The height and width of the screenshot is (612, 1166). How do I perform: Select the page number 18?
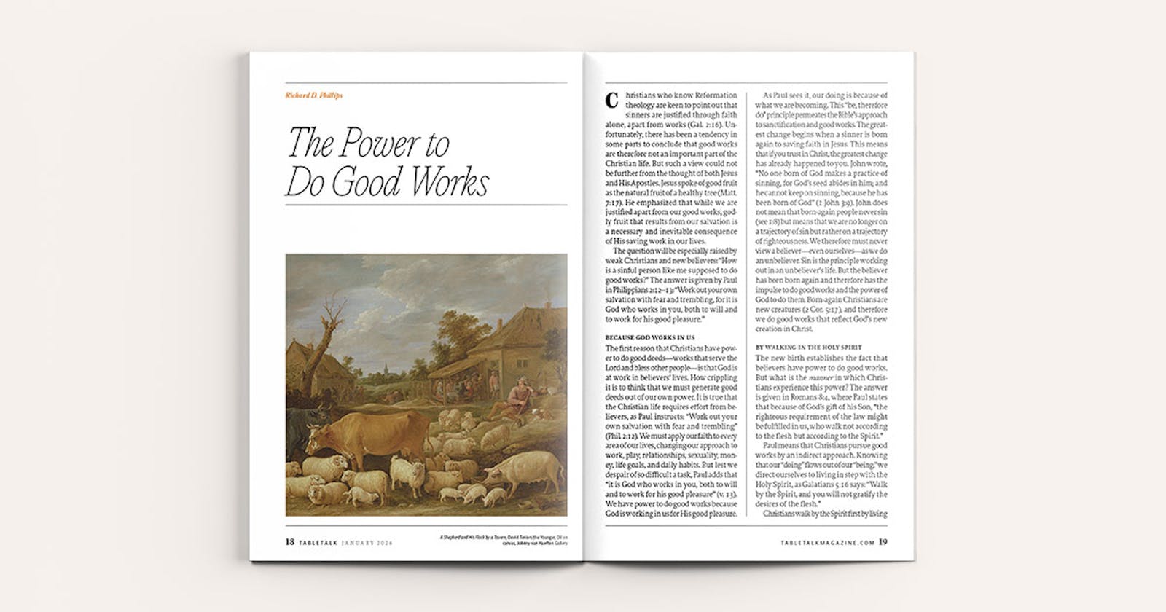tap(290, 541)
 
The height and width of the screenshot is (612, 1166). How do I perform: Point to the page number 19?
tap(883, 541)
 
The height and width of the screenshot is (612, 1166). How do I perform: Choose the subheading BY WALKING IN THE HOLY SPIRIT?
tap(802, 348)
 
